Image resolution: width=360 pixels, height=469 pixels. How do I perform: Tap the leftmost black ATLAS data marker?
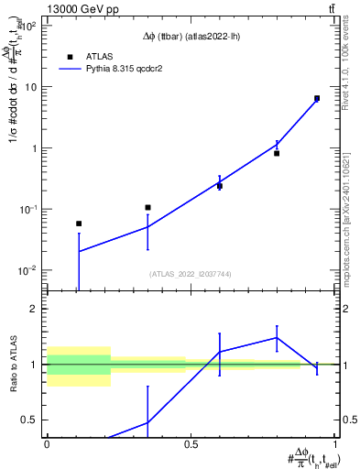point(79,224)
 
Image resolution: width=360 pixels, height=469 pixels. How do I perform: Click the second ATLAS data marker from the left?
point(147,207)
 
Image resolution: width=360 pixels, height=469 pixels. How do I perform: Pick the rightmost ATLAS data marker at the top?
point(317,98)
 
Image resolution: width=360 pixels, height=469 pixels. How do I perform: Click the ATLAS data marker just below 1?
point(277,153)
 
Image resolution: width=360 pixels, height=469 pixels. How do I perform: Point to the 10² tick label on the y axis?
point(27,26)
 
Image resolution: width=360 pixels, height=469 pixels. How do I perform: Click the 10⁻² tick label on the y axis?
point(27,270)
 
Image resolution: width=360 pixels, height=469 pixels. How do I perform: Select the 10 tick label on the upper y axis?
point(30,87)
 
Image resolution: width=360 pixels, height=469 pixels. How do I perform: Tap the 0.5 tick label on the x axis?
point(191,444)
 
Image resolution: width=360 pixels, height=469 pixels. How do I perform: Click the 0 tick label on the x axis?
point(47,444)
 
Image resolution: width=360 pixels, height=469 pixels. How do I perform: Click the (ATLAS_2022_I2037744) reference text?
point(191,274)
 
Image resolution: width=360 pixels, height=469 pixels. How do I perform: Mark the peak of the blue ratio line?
point(277,337)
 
